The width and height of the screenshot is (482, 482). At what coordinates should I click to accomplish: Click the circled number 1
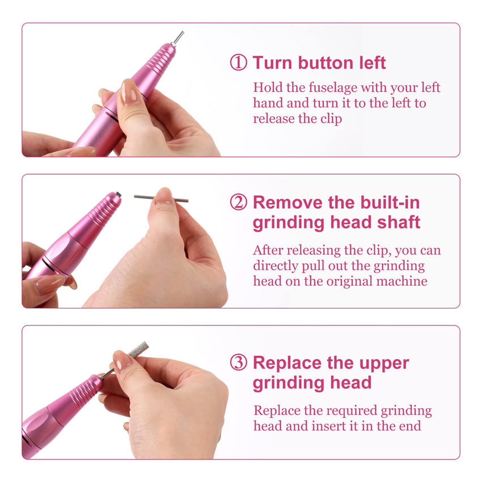click(238, 62)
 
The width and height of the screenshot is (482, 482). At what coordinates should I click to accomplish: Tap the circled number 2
click(238, 202)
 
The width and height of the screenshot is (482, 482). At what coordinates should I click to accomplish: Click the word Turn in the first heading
click(272, 63)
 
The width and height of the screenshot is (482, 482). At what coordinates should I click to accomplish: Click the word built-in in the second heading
click(390, 202)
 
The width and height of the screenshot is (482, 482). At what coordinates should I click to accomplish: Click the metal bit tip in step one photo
click(177, 39)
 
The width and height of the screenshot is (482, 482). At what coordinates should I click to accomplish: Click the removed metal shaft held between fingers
click(161, 198)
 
